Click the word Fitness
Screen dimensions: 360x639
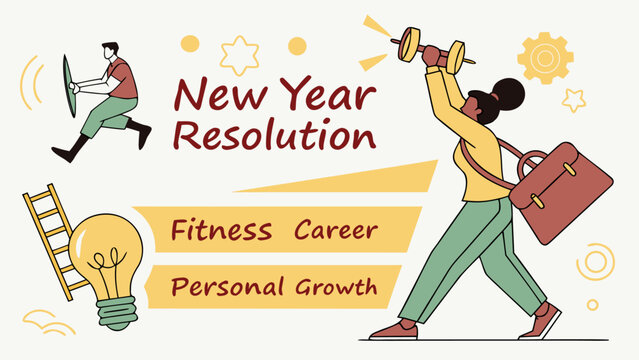click(x=221, y=230)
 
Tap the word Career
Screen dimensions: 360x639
click(x=335, y=230)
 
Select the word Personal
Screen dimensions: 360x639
click(x=228, y=288)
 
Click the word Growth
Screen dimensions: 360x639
click(x=336, y=288)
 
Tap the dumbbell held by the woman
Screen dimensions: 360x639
click(x=431, y=47)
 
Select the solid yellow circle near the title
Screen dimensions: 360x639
click(x=297, y=45)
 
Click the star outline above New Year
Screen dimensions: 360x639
click(x=239, y=55)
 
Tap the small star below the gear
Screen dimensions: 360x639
click(x=574, y=99)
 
